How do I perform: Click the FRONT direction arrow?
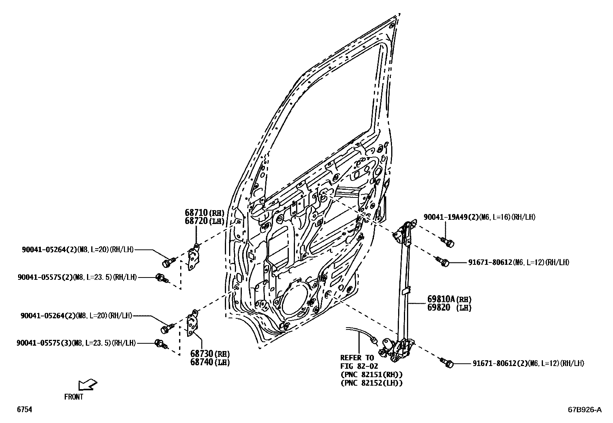pyautogui.click(x=87, y=385)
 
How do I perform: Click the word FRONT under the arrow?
pyautogui.click(x=74, y=397)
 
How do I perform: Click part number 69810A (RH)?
pyautogui.click(x=449, y=299)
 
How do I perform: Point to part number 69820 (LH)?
pyautogui.click(x=449, y=308)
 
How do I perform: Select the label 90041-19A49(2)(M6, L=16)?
pyautogui.click(x=479, y=217)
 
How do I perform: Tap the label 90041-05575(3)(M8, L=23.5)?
pyautogui.click(x=76, y=343)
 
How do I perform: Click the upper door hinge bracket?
pyautogui.click(x=193, y=258)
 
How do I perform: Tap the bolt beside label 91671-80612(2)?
pyautogui.click(x=447, y=363)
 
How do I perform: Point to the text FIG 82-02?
pyautogui.click(x=359, y=366)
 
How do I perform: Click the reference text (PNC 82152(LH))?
pyautogui.click(x=372, y=383)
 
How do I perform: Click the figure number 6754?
pyautogui.click(x=24, y=410)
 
